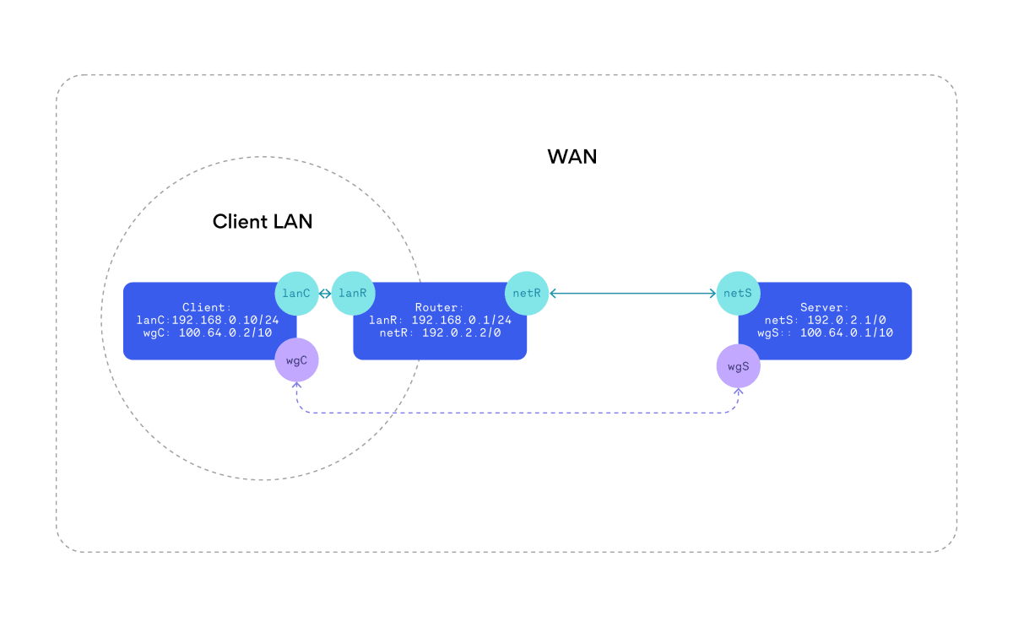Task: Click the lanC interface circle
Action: point(296,293)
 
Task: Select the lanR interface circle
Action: point(354,293)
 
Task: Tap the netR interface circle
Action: point(527,293)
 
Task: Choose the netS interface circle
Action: point(739,293)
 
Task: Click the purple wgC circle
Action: point(296,360)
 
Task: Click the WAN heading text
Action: point(572,157)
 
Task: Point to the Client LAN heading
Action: point(263,222)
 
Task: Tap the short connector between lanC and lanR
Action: point(325,293)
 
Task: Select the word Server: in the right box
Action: point(825,308)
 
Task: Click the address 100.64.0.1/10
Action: point(847,333)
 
